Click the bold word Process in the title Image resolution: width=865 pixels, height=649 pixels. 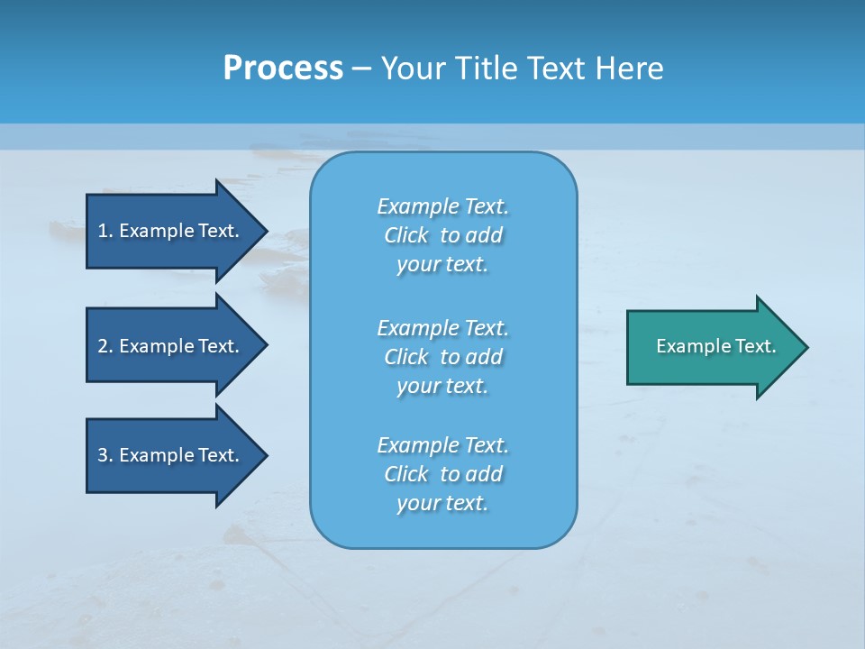pyautogui.click(x=283, y=69)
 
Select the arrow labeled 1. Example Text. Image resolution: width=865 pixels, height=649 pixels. pyautogui.click(x=171, y=231)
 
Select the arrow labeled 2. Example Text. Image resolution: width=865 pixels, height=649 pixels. pyautogui.click(x=171, y=346)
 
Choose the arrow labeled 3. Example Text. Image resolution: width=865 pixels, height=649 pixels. pyautogui.click(x=171, y=455)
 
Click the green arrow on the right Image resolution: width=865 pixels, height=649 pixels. pyautogui.click(x=712, y=346)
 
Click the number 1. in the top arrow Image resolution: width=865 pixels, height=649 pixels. pyautogui.click(x=105, y=231)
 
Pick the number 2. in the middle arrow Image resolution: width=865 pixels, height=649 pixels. pyautogui.click(x=105, y=346)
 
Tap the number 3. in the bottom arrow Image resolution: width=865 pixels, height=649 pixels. pyautogui.click(x=105, y=455)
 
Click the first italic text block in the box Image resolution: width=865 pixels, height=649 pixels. pyautogui.click(x=442, y=235)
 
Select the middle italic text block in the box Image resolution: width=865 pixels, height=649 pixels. pyautogui.click(x=442, y=357)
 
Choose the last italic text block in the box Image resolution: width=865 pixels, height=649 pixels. pyautogui.click(x=442, y=474)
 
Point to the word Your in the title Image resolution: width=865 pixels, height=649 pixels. pyautogui.click(x=412, y=69)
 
